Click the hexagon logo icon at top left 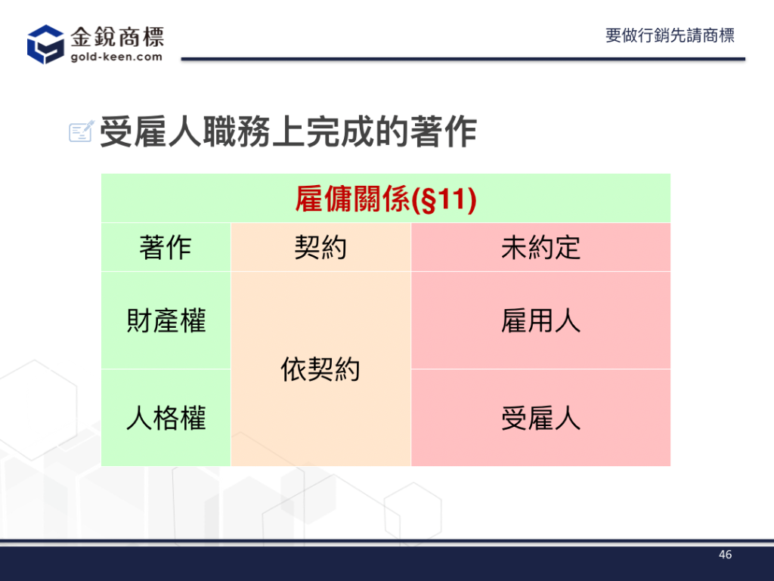[45, 45]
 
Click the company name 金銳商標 [117, 37]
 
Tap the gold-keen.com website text [116, 57]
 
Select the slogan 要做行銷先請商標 [670, 36]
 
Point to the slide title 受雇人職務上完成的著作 [288, 131]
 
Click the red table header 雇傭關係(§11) [385, 199]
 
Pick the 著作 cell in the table [166, 247]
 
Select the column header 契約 [320, 247]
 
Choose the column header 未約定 [540, 247]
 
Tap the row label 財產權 [166, 320]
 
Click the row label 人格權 [166, 419]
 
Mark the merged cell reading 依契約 [320, 369]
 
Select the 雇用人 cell [540, 320]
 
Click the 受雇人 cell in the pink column [540, 419]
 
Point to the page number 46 [725, 555]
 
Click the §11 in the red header [443, 199]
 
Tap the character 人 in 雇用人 [568, 320]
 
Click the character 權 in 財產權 [193, 320]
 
